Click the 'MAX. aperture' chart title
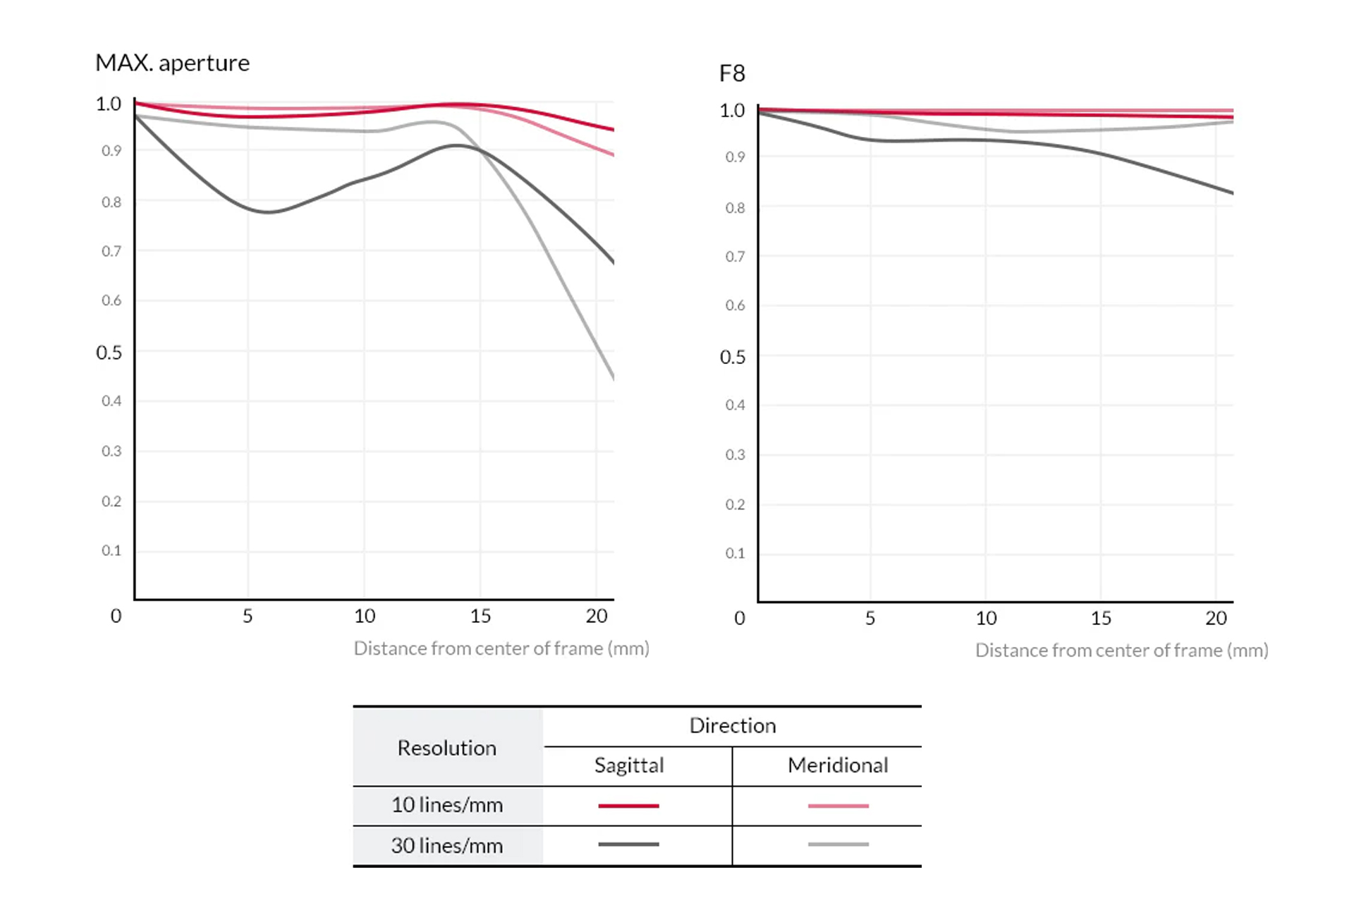[x=172, y=63]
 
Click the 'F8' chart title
[x=732, y=73]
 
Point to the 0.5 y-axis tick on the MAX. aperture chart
[x=109, y=353]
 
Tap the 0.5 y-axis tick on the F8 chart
[x=733, y=357]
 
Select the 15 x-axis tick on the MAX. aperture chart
[x=480, y=616]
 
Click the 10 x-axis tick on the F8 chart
[x=986, y=619]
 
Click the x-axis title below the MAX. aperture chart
[x=501, y=648]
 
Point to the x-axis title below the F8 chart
[x=1121, y=650]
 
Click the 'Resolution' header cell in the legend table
[x=447, y=748]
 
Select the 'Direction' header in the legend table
[x=732, y=726]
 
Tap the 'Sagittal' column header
[x=629, y=765]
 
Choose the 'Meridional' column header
[x=838, y=765]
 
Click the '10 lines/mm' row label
[x=447, y=805]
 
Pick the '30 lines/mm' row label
[x=447, y=845]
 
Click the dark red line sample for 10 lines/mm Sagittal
[x=628, y=806]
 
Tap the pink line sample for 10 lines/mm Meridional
[x=838, y=806]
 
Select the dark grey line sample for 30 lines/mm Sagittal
[x=628, y=844]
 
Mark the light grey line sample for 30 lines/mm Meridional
[x=838, y=844]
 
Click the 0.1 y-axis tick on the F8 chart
[x=735, y=554]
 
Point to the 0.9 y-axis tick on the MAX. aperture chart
[x=111, y=151]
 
